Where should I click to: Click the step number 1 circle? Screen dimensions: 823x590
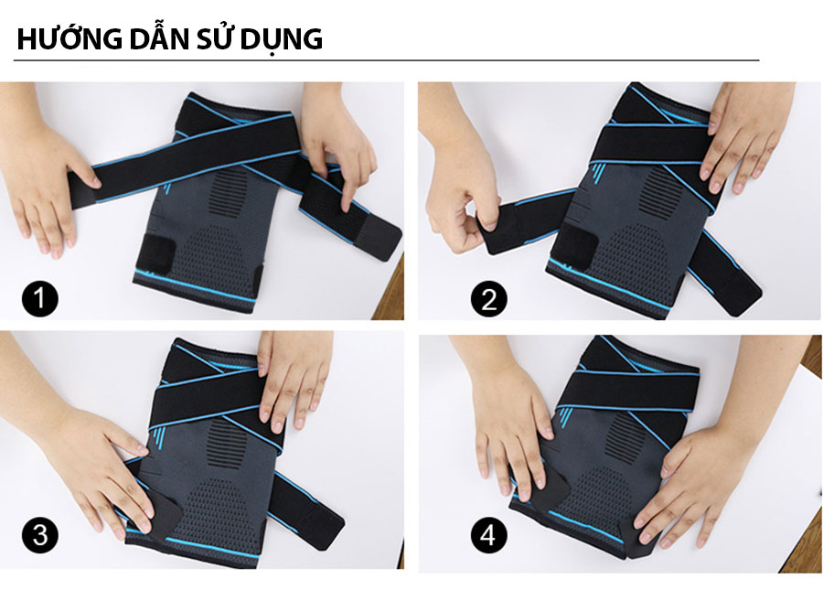pos(40,299)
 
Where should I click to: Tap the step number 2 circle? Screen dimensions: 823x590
pos(488,299)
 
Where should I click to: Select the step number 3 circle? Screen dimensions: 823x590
pos(40,534)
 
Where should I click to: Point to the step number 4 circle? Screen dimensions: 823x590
pos(488,535)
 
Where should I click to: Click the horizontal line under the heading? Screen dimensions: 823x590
pos(386,60)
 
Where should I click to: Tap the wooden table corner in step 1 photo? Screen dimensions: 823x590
pos(391,294)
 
